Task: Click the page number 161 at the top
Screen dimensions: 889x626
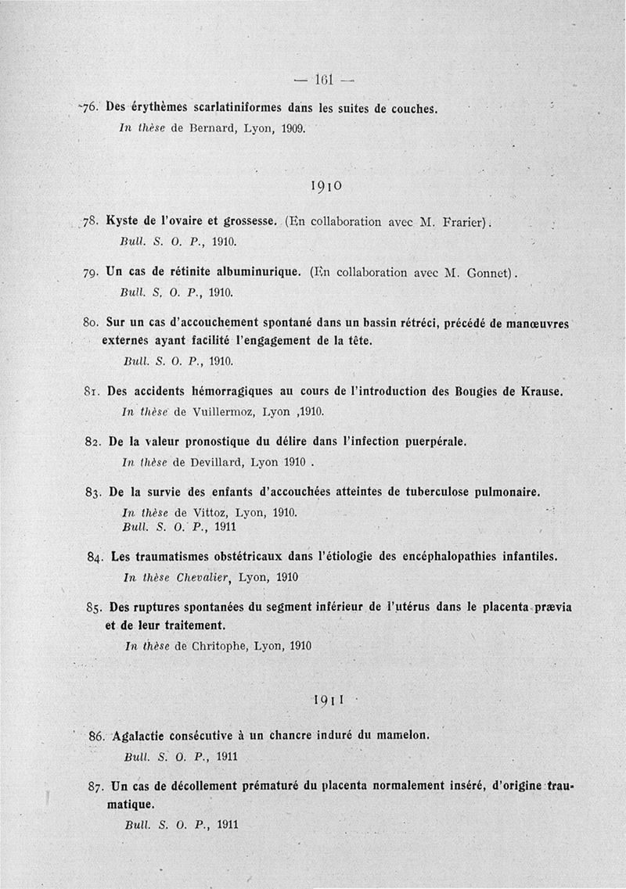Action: (323, 78)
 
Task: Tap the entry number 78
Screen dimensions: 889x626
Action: (93, 221)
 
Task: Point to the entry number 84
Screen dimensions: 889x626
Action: (97, 557)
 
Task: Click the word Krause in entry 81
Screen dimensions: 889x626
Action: (541, 391)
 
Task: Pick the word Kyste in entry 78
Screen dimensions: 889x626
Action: (124, 221)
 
